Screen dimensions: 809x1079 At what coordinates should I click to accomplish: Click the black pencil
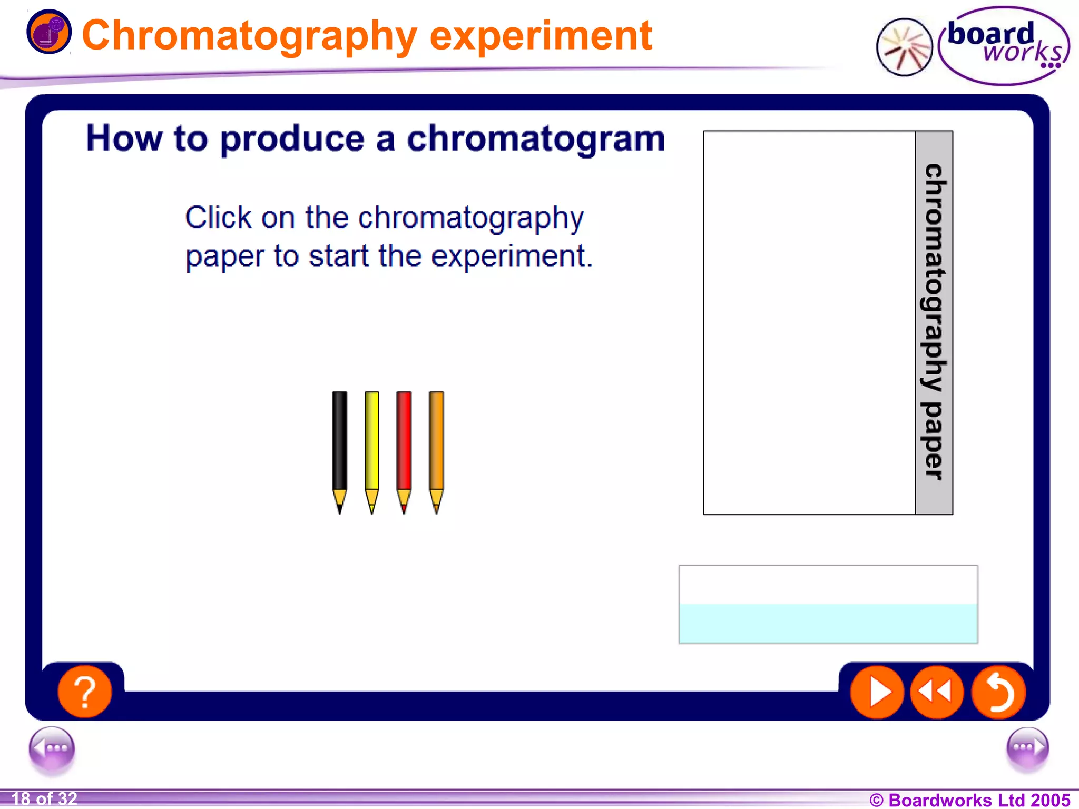point(339,448)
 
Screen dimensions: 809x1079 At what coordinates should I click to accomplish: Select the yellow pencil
point(371,448)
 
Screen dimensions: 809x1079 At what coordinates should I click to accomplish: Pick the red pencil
point(404,448)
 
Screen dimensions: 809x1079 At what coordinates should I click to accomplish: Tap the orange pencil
point(436,448)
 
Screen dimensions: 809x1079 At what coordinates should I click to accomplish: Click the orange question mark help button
point(84,692)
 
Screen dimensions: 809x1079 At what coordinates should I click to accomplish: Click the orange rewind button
point(937,692)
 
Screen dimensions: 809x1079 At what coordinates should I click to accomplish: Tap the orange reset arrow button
point(998,692)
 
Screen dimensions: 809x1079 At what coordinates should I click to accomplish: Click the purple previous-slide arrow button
point(52,748)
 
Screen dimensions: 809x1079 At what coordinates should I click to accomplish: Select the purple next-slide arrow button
point(1027,748)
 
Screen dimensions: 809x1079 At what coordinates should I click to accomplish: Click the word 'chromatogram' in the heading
point(536,139)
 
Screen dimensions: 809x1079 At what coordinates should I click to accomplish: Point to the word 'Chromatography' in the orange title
point(250,36)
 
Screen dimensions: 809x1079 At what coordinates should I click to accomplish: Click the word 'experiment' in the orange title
point(541,36)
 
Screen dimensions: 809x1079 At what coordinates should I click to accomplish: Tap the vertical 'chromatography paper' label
point(934,322)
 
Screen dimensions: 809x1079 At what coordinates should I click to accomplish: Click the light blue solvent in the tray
point(828,624)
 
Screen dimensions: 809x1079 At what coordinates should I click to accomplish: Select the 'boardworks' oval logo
point(1004,46)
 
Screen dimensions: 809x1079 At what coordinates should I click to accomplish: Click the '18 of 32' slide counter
point(44,799)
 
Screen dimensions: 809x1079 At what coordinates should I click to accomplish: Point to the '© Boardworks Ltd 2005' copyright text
point(969,800)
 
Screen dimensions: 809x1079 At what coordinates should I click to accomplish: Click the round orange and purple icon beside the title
point(48,32)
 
